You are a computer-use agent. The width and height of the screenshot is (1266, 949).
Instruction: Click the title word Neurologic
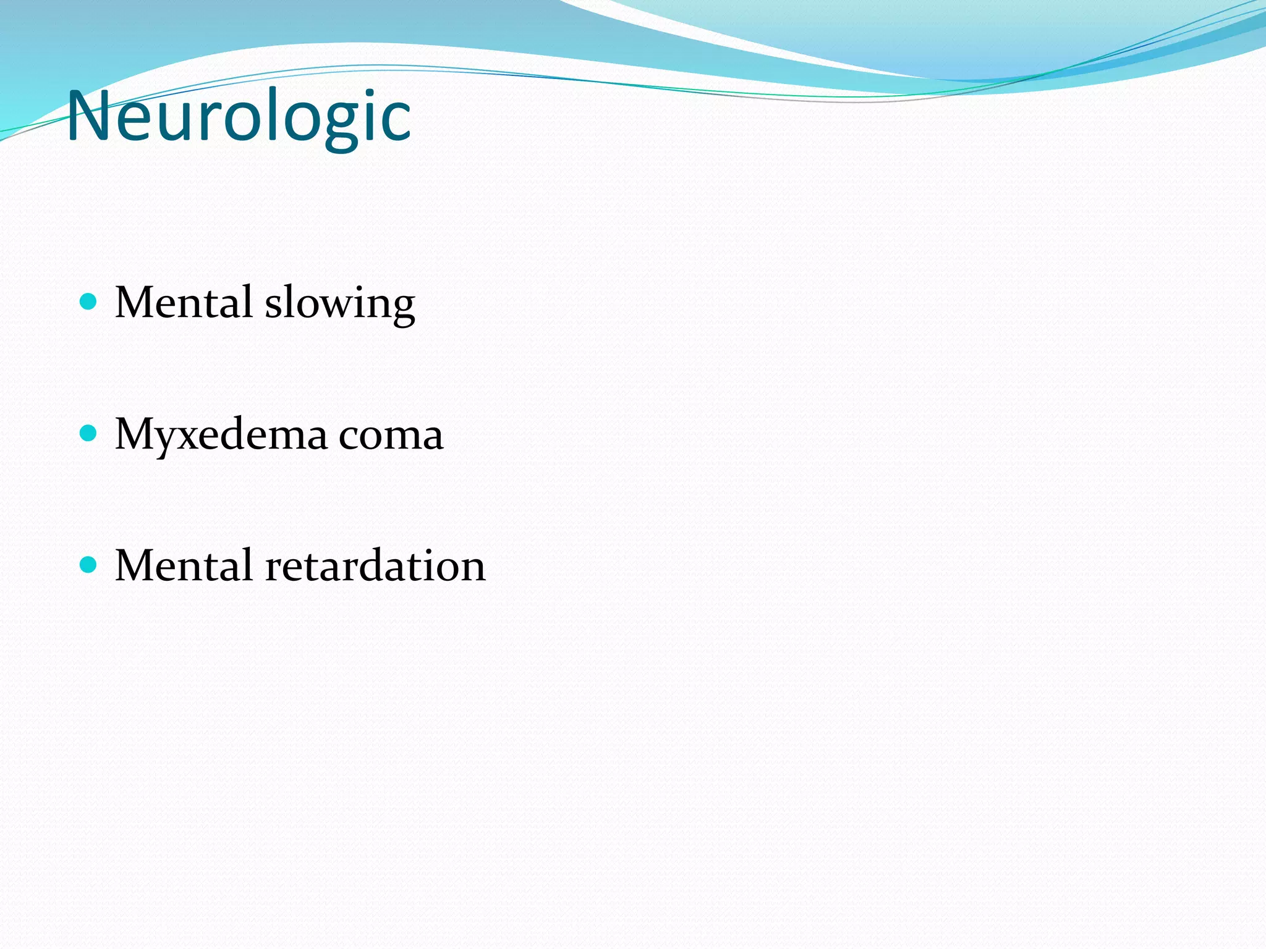tap(239, 116)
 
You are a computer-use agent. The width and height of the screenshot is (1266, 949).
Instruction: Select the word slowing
tap(340, 304)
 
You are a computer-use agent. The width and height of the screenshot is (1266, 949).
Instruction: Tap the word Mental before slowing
tap(184, 303)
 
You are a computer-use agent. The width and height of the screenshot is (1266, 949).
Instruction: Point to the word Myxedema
tap(221, 435)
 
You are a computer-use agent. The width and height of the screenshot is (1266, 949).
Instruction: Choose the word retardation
tap(375, 565)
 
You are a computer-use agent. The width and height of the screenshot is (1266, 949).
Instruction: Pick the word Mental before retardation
tap(184, 565)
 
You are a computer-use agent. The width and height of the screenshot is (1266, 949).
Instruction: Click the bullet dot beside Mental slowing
tap(89, 302)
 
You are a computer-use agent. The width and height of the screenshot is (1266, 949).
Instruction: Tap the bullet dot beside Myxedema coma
tap(89, 433)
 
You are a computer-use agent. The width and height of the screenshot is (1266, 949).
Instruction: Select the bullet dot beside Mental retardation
tap(89, 565)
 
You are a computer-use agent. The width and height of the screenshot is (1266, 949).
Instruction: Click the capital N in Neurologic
tap(88, 116)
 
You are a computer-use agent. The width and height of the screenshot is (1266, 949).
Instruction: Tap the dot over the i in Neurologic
tap(372, 93)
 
